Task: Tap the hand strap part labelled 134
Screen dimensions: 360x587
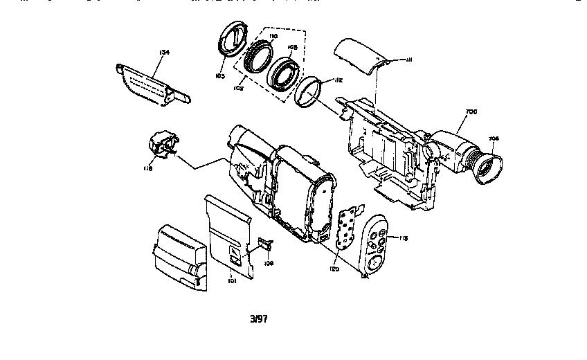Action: click(152, 84)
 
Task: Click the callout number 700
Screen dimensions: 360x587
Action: click(471, 111)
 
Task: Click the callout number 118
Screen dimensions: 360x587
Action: click(148, 167)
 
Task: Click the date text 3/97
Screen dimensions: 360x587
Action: click(258, 318)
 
